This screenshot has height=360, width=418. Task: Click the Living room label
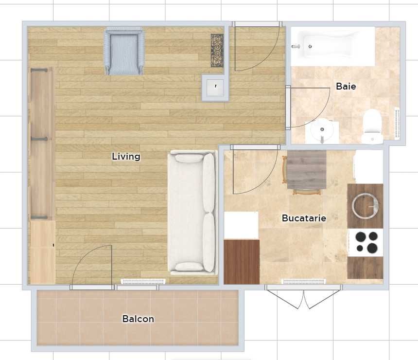click(x=126, y=156)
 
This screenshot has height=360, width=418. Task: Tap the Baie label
click(x=346, y=86)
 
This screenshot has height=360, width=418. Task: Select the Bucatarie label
click(x=304, y=218)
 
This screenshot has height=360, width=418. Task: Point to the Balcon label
click(x=138, y=319)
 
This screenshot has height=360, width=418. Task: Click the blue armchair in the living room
click(x=124, y=51)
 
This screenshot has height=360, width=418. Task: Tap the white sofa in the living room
click(x=192, y=213)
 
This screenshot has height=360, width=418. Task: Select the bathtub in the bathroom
click(x=332, y=46)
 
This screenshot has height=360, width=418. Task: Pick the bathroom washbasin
click(x=322, y=131)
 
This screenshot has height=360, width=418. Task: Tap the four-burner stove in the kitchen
click(x=366, y=242)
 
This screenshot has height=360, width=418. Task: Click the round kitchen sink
click(x=365, y=206)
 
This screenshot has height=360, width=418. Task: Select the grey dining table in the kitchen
click(x=307, y=170)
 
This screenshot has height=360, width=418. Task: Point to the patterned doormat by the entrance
click(x=217, y=51)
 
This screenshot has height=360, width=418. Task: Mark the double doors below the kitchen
click(x=304, y=297)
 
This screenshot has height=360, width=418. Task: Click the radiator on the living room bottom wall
click(x=143, y=281)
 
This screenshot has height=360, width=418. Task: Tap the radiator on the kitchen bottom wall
click(x=304, y=281)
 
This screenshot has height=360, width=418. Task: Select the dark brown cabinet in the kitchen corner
click(x=242, y=262)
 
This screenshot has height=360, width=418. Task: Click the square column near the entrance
click(x=215, y=88)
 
